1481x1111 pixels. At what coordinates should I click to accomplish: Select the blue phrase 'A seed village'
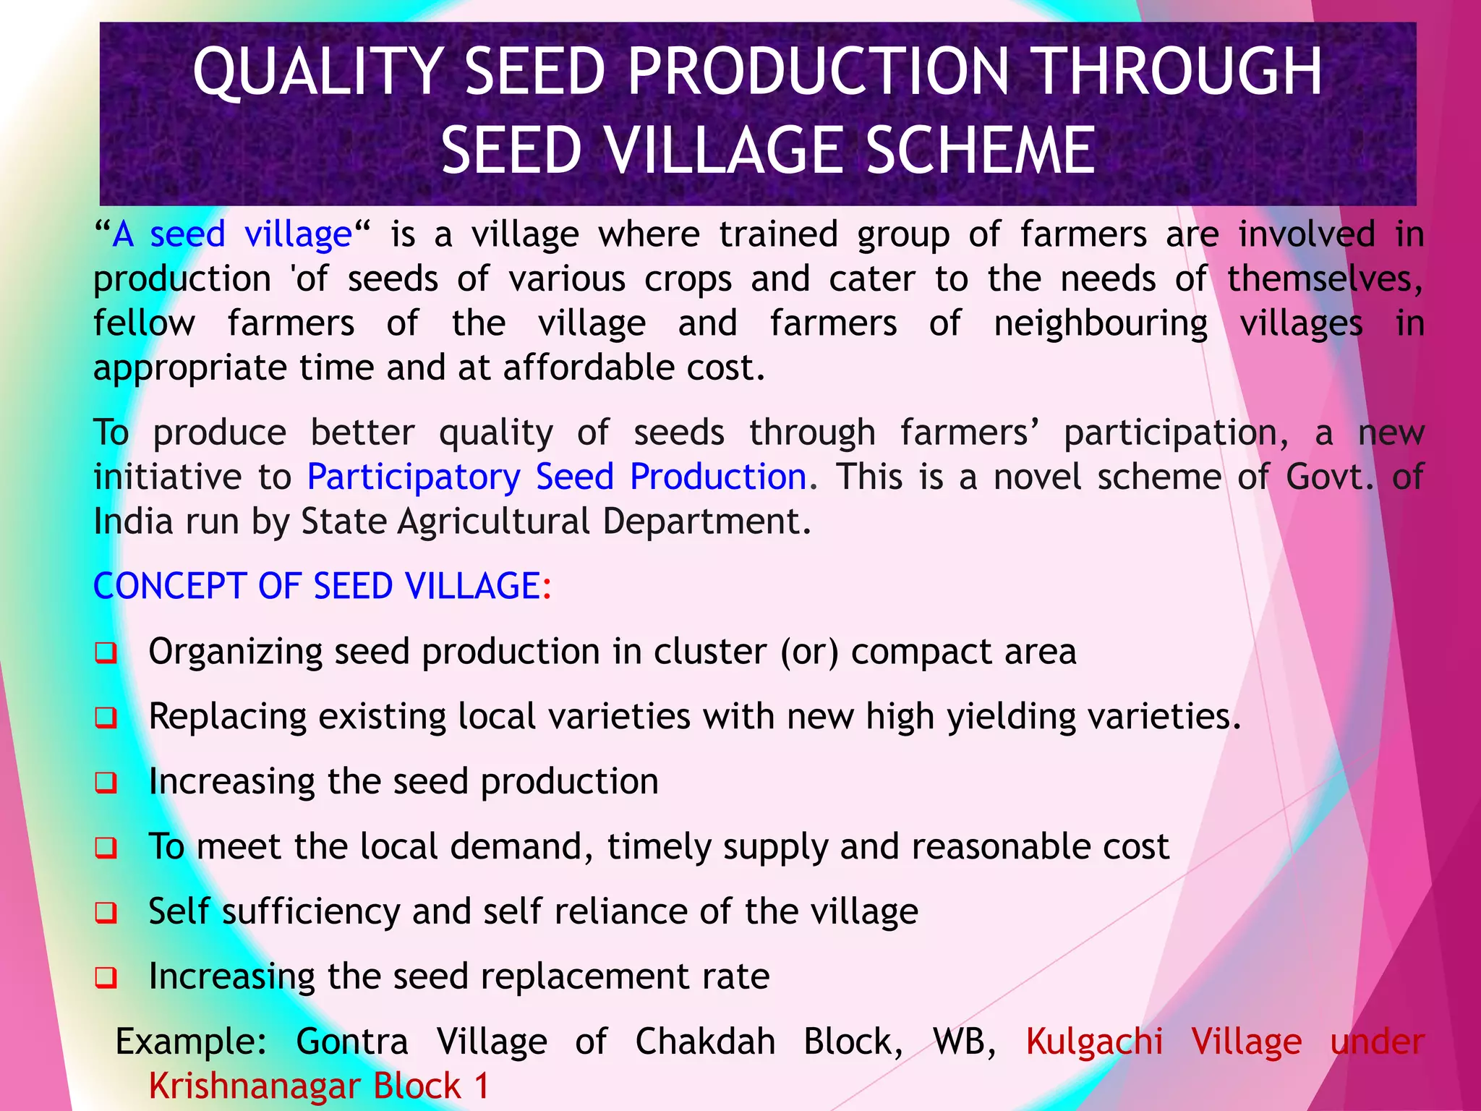[x=232, y=234]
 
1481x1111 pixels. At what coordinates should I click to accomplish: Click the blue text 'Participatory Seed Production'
[x=557, y=477]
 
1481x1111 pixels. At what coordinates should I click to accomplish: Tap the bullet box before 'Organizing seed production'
[x=106, y=653]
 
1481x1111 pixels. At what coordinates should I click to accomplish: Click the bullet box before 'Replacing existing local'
[x=106, y=718]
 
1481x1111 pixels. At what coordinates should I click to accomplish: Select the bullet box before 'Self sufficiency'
[x=106, y=913]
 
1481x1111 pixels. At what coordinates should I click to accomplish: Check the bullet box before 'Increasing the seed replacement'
[x=106, y=978]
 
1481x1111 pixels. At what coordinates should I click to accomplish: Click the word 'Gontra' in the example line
[x=352, y=1042]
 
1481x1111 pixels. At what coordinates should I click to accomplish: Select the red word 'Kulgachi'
[x=1094, y=1042]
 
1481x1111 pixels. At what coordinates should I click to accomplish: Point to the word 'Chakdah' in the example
[x=705, y=1042]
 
